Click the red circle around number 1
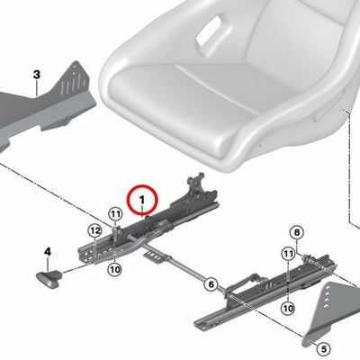click(142, 185)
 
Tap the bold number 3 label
click(36, 75)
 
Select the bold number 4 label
click(48, 252)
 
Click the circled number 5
click(324, 349)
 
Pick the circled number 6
click(211, 284)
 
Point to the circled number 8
click(296, 232)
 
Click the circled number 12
click(94, 231)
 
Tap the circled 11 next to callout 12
click(115, 214)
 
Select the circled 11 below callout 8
click(288, 255)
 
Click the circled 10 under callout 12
click(114, 269)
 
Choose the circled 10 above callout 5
click(288, 308)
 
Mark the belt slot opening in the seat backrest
click(209, 30)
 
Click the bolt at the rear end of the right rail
click(306, 257)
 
